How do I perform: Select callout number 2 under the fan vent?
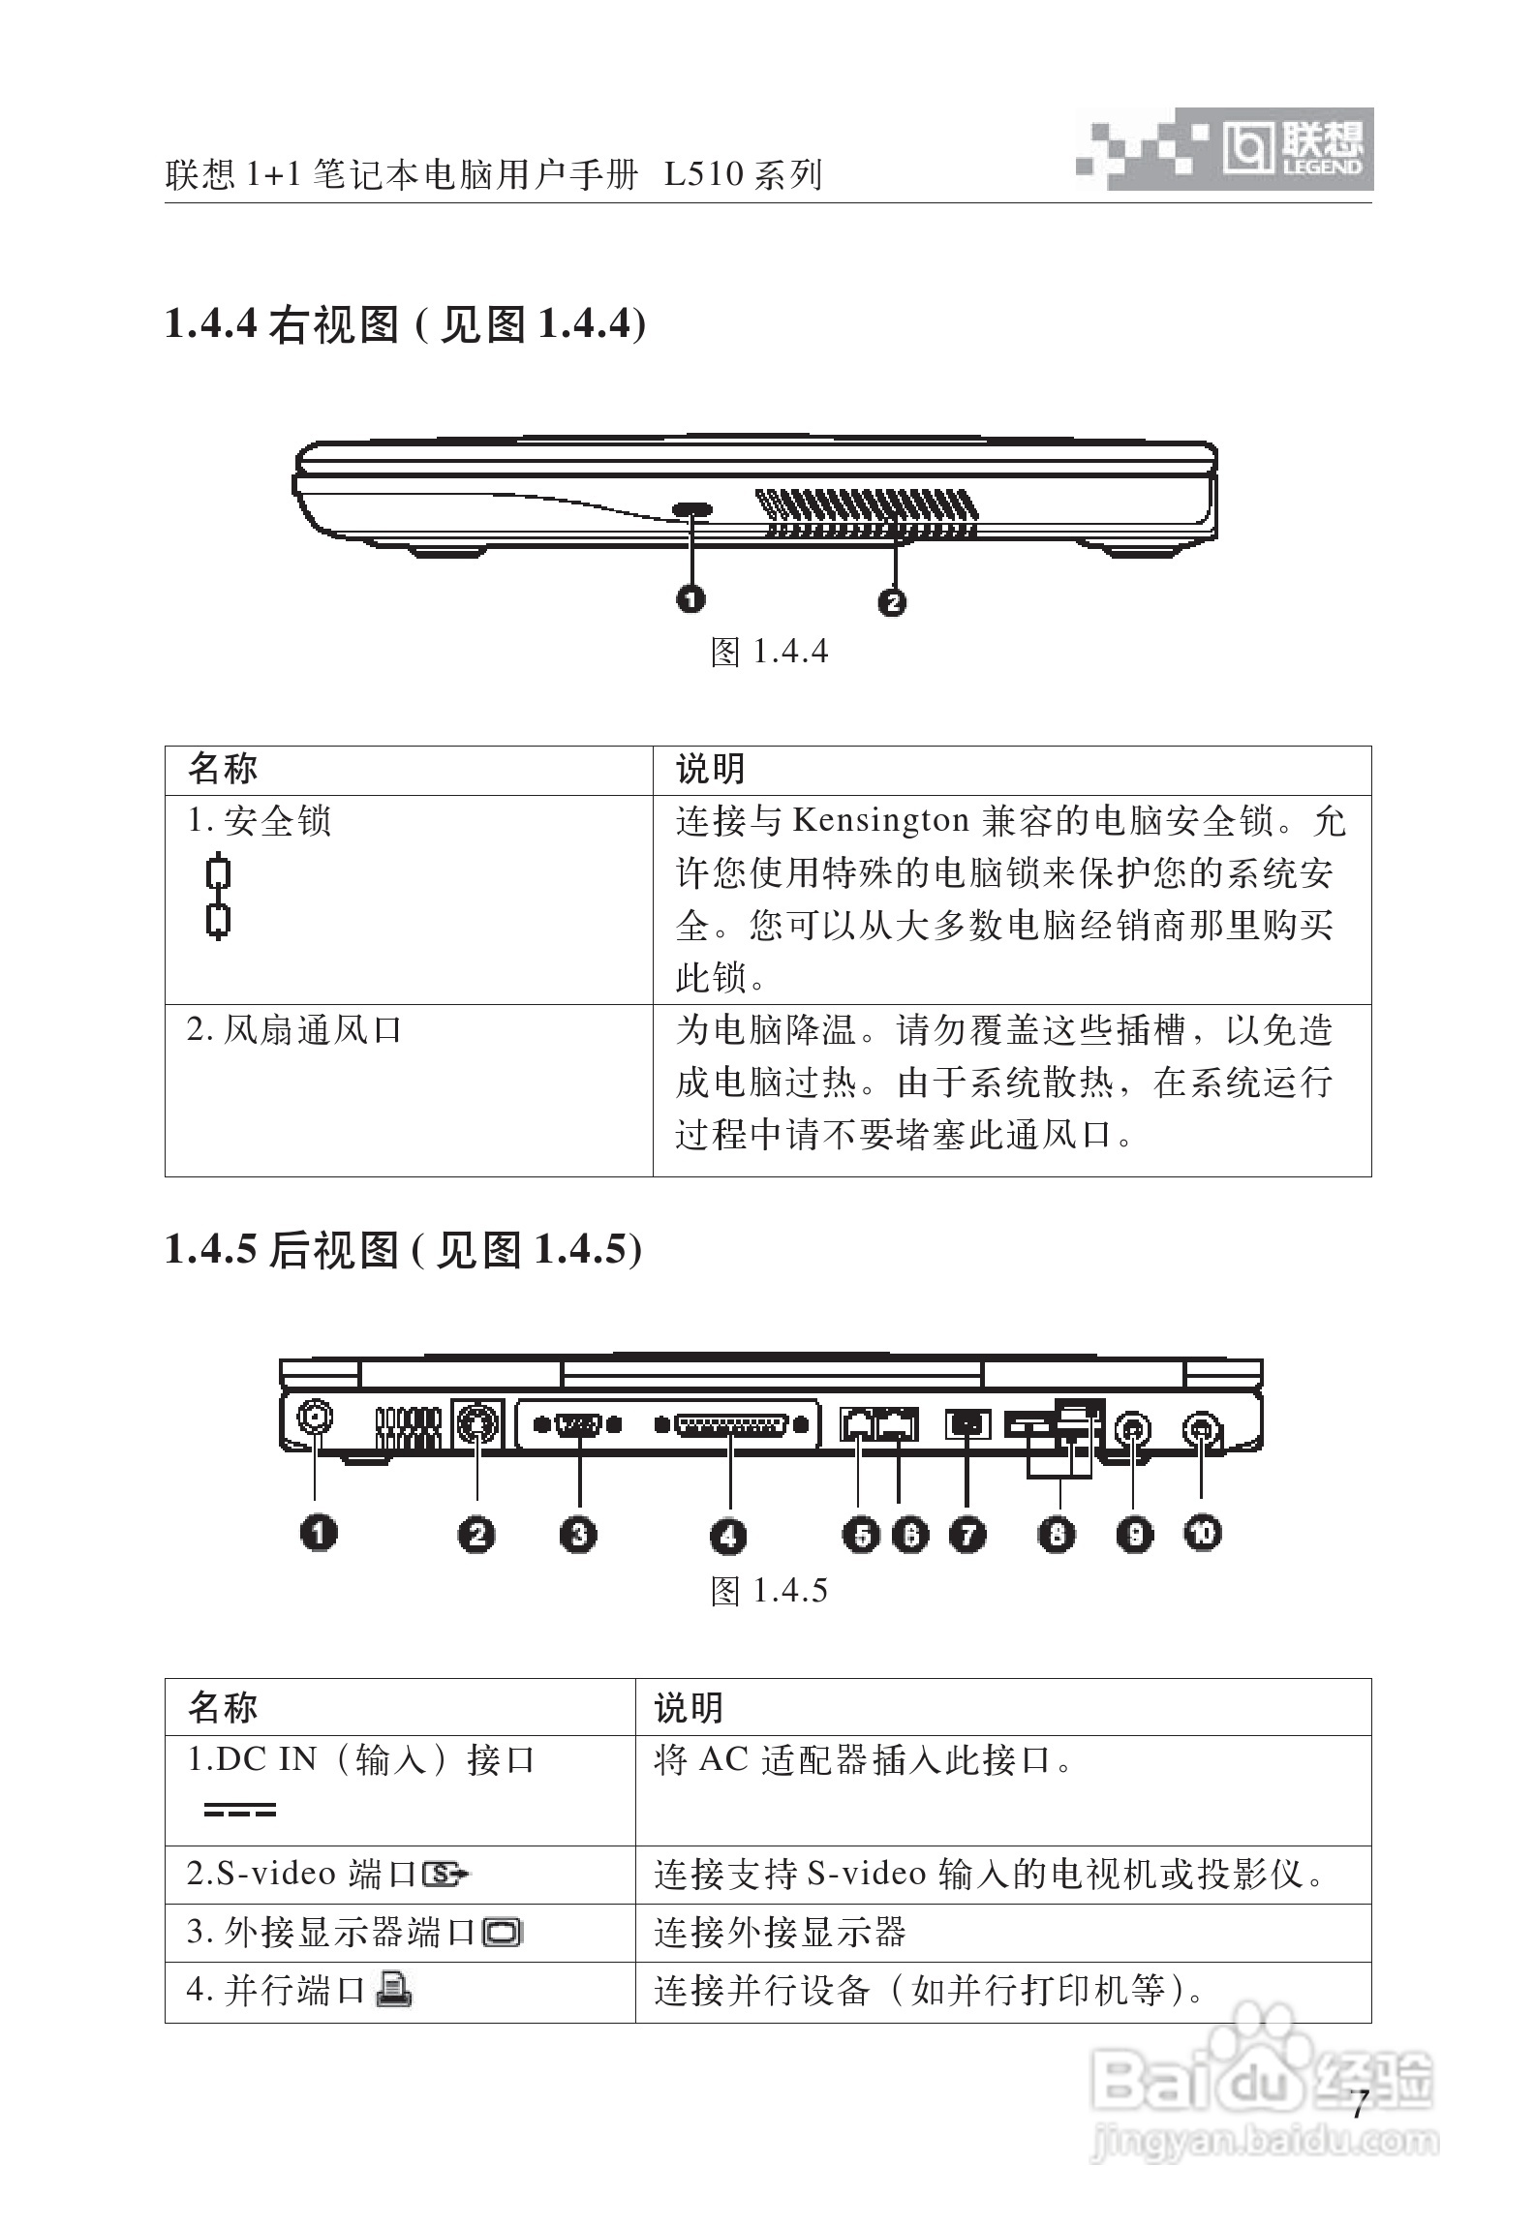pyautogui.click(x=892, y=602)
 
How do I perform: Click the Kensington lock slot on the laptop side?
pyautogui.click(x=691, y=509)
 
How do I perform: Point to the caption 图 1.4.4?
pyautogui.click(x=769, y=652)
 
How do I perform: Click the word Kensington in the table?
pyautogui.click(x=880, y=821)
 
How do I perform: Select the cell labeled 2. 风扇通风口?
pyautogui.click(x=294, y=1030)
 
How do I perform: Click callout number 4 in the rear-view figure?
pyautogui.click(x=728, y=1536)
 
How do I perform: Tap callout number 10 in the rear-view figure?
pyautogui.click(x=1203, y=1533)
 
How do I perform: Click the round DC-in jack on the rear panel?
pyautogui.click(x=315, y=1419)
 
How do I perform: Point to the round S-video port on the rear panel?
pyautogui.click(x=476, y=1423)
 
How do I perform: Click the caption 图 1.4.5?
pyautogui.click(x=769, y=1591)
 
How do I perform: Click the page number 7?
pyautogui.click(x=1358, y=2103)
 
